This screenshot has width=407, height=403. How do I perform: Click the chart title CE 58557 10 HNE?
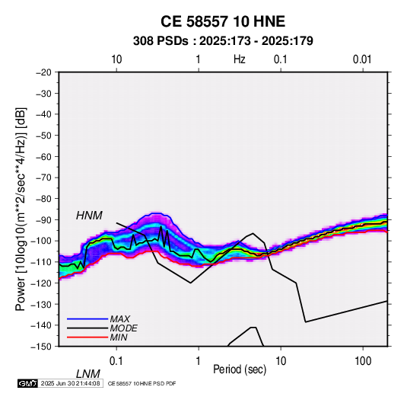click(223, 21)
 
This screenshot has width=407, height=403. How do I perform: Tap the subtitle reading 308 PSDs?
click(161, 41)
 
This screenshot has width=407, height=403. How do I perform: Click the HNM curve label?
click(89, 216)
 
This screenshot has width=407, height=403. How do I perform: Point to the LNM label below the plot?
click(87, 374)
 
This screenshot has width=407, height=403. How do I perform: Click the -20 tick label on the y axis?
click(44, 72)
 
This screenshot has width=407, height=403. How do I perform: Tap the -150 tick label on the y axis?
click(42, 347)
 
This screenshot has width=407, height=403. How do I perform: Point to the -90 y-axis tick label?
click(44, 219)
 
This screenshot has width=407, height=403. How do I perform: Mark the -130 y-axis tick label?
click(42, 304)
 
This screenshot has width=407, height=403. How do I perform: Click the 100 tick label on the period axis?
click(363, 361)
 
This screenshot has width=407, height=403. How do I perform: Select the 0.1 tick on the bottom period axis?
click(116, 361)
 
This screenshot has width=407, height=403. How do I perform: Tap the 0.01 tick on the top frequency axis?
click(362, 59)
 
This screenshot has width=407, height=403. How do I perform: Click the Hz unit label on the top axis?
click(240, 59)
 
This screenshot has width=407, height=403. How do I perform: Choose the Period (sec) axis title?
click(240, 369)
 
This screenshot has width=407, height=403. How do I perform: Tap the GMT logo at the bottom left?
click(27, 383)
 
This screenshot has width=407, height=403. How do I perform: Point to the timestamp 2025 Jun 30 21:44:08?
click(70, 383)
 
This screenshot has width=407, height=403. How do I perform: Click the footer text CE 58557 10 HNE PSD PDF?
click(141, 383)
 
